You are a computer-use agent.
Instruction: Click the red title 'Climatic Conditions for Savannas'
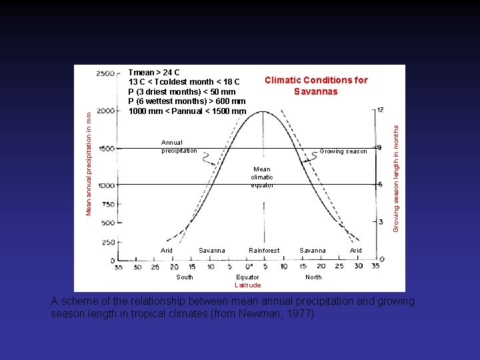tap(316, 85)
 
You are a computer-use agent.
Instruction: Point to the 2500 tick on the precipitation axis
tap(105, 73)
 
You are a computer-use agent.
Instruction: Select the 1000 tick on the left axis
tap(106, 186)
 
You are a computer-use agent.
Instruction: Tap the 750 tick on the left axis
tap(108, 205)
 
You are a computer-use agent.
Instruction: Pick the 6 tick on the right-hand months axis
tap(379, 184)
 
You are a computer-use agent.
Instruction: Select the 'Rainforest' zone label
tap(264, 251)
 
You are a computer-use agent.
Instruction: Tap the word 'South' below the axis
tap(185, 277)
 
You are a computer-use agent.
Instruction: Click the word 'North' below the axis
tap(313, 277)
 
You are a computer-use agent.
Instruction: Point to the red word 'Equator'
tap(248, 277)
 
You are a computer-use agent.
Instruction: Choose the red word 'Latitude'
tap(248, 285)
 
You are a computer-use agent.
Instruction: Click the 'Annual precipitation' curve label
tap(179, 146)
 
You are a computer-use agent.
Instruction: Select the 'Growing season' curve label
tap(343, 151)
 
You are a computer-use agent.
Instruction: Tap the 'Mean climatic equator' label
tap(262, 177)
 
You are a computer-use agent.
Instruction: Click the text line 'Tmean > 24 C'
tap(154, 72)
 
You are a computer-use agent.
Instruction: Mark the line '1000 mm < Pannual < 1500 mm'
tap(187, 111)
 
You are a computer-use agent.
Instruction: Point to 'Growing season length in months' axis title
tap(395, 174)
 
